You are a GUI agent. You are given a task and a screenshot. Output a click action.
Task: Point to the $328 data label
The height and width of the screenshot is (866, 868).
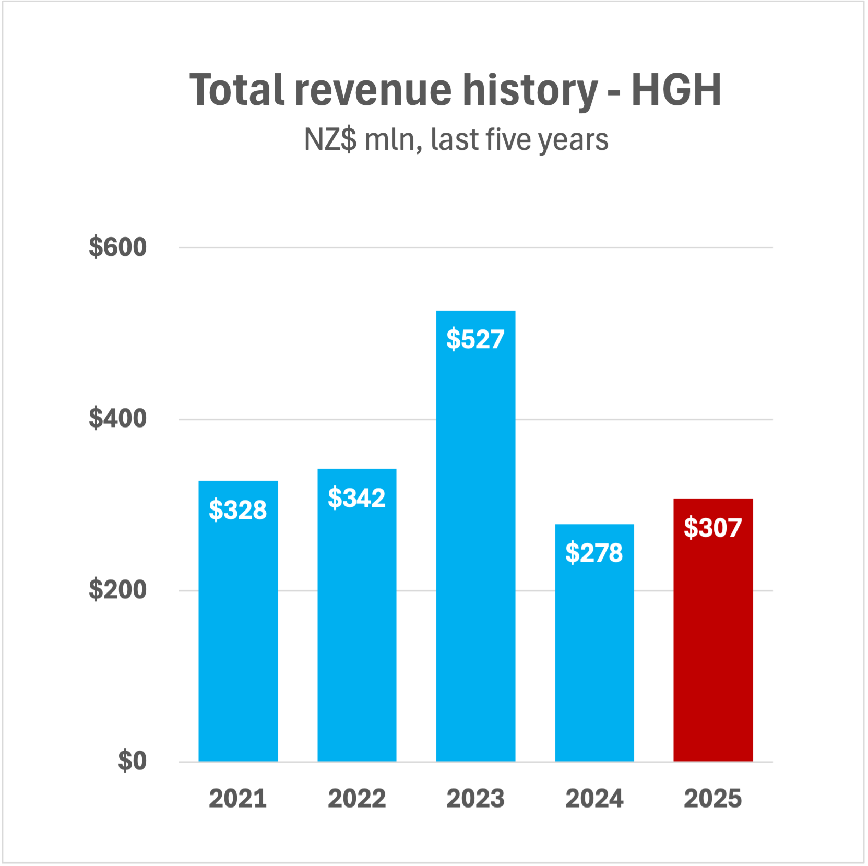pos(238,510)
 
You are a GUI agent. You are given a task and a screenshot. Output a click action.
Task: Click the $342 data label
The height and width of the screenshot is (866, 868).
pos(357,498)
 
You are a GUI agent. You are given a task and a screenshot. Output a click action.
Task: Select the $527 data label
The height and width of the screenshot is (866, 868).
pos(475,339)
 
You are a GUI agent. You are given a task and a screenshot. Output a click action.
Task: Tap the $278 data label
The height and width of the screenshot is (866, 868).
pos(594,553)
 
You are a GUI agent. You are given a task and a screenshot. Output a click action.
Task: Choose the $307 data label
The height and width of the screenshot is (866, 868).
pos(713,528)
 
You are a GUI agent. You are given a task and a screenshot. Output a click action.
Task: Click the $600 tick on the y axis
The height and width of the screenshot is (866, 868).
pos(117,247)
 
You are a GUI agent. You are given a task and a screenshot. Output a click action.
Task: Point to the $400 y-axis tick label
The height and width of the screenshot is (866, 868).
pos(117,419)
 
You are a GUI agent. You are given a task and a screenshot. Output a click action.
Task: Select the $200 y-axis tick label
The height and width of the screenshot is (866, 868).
pos(117,590)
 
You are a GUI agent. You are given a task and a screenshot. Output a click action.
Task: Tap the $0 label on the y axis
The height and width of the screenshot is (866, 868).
pos(132,761)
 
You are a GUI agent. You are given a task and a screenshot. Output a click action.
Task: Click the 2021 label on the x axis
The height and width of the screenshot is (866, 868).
pos(238,799)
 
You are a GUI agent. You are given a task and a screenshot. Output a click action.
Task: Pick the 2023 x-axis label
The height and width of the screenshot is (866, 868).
pos(475,799)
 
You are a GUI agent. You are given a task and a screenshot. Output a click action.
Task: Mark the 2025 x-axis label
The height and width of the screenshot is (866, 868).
pos(713,799)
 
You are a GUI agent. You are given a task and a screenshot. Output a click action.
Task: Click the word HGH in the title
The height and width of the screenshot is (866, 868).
pos(676,90)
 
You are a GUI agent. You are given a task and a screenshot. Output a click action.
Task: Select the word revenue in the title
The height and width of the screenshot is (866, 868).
pos(373,90)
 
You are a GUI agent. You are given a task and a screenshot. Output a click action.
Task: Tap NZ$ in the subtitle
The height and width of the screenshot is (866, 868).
pos(330,140)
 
